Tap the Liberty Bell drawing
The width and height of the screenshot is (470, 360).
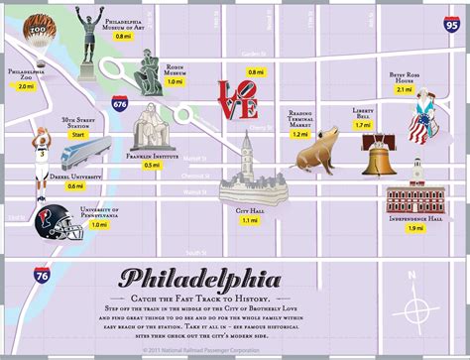tap(378, 158)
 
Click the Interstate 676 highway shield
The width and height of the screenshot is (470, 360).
tap(120, 101)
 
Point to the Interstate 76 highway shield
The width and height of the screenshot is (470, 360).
tap(41, 275)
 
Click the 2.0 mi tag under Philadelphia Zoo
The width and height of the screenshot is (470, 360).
tap(26, 87)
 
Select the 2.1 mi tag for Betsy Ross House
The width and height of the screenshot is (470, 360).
tap(404, 89)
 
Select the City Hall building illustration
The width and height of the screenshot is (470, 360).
tap(247, 174)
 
